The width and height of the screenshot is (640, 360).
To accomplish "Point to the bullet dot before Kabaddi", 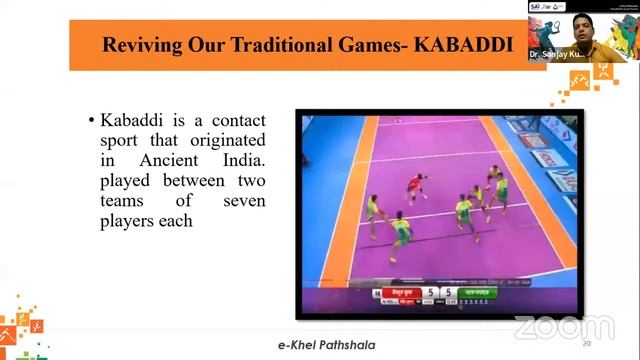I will point(92,122).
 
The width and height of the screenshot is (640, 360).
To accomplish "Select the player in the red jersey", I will point(413,186).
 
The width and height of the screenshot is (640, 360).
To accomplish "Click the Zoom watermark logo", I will point(564,326).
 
